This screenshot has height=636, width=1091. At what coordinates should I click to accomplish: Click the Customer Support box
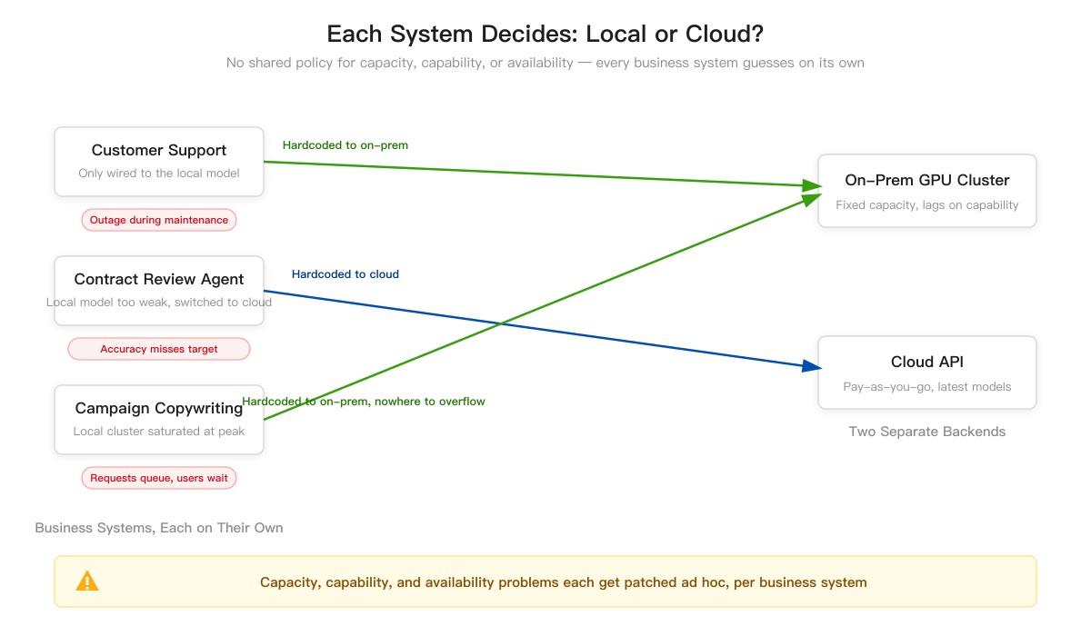(159, 162)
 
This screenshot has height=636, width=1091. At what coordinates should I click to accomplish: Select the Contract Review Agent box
(159, 291)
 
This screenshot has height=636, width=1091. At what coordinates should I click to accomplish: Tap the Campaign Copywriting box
(159, 420)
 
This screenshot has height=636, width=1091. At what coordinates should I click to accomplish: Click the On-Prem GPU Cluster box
(926, 191)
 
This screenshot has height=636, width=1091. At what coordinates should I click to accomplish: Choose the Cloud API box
(926, 373)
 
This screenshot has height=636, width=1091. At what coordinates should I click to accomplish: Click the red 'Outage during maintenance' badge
(159, 220)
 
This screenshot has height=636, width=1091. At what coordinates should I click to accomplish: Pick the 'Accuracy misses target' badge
(159, 349)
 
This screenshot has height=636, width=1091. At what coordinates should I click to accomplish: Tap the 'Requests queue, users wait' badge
(159, 478)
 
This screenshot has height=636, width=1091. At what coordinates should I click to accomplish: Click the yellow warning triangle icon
(87, 581)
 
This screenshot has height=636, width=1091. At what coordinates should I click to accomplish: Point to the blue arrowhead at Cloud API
(813, 366)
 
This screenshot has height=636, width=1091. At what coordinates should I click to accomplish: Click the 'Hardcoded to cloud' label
(345, 274)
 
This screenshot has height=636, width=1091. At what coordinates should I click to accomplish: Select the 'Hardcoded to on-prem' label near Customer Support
(345, 145)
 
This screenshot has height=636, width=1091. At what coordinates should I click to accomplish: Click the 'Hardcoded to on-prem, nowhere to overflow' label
(364, 402)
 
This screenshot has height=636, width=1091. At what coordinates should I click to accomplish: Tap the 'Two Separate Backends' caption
(926, 432)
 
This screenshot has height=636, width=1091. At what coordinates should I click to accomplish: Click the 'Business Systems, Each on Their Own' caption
(159, 528)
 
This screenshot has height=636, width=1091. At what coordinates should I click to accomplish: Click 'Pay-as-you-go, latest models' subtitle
(926, 387)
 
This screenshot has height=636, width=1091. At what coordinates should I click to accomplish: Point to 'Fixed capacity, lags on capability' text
(926, 204)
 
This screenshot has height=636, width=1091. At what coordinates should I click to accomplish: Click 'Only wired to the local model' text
(159, 174)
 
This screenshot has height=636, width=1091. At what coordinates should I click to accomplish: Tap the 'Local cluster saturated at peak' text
(159, 432)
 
